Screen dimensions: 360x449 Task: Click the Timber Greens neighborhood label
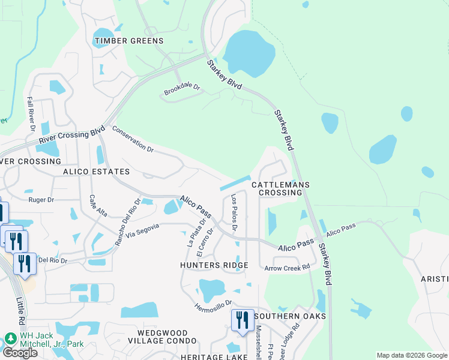(129, 41)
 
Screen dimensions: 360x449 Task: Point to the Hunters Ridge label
(214, 265)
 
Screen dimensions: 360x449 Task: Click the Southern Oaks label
(290, 316)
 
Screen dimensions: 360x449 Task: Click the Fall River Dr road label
(31, 113)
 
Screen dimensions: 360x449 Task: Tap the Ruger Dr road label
(41, 199)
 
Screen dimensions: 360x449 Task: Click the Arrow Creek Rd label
(287, 268)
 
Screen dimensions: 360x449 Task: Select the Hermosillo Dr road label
(213, 306)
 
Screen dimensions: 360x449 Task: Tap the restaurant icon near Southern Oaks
(242, 320)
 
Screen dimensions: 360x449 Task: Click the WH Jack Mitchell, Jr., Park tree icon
(10, 338)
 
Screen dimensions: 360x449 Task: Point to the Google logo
(19, 353)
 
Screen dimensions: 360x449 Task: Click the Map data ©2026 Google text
(411, 355)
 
